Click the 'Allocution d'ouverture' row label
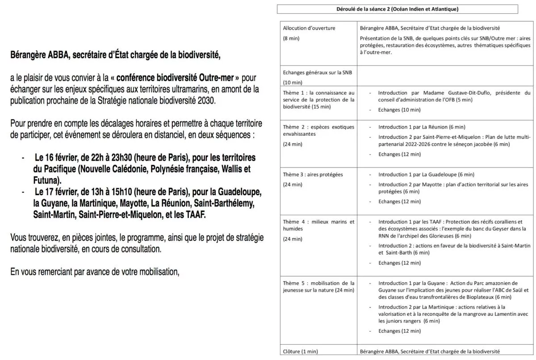click(x=309, y=28)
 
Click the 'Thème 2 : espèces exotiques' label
click(x=318, y=127)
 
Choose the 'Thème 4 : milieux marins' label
click(x=318, y=222)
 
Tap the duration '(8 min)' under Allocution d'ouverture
click(x=291, y=38)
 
